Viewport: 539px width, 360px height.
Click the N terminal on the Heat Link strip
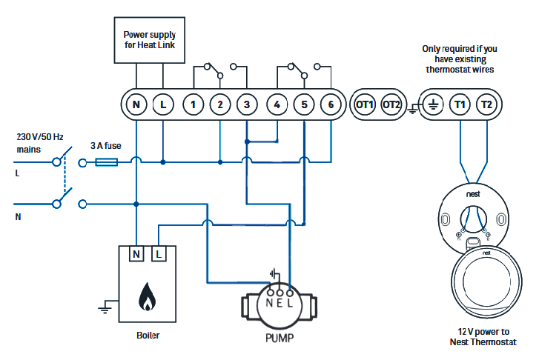136,105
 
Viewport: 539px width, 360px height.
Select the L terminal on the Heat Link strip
163,105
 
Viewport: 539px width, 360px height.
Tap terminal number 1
193,105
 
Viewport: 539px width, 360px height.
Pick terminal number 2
219,105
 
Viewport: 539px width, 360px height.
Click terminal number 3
247,105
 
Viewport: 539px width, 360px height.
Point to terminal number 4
277,105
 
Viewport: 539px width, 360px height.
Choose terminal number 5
304,105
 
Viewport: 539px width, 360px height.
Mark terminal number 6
331,105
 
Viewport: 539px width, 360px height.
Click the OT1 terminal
365,105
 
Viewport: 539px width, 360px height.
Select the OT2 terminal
391,105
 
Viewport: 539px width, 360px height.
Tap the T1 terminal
460,105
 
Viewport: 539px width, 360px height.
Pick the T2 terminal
486,105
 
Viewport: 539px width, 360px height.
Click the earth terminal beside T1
433,105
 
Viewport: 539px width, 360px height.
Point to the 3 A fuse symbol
108,161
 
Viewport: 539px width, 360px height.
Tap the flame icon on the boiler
148,298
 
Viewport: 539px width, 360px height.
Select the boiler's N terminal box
136,255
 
